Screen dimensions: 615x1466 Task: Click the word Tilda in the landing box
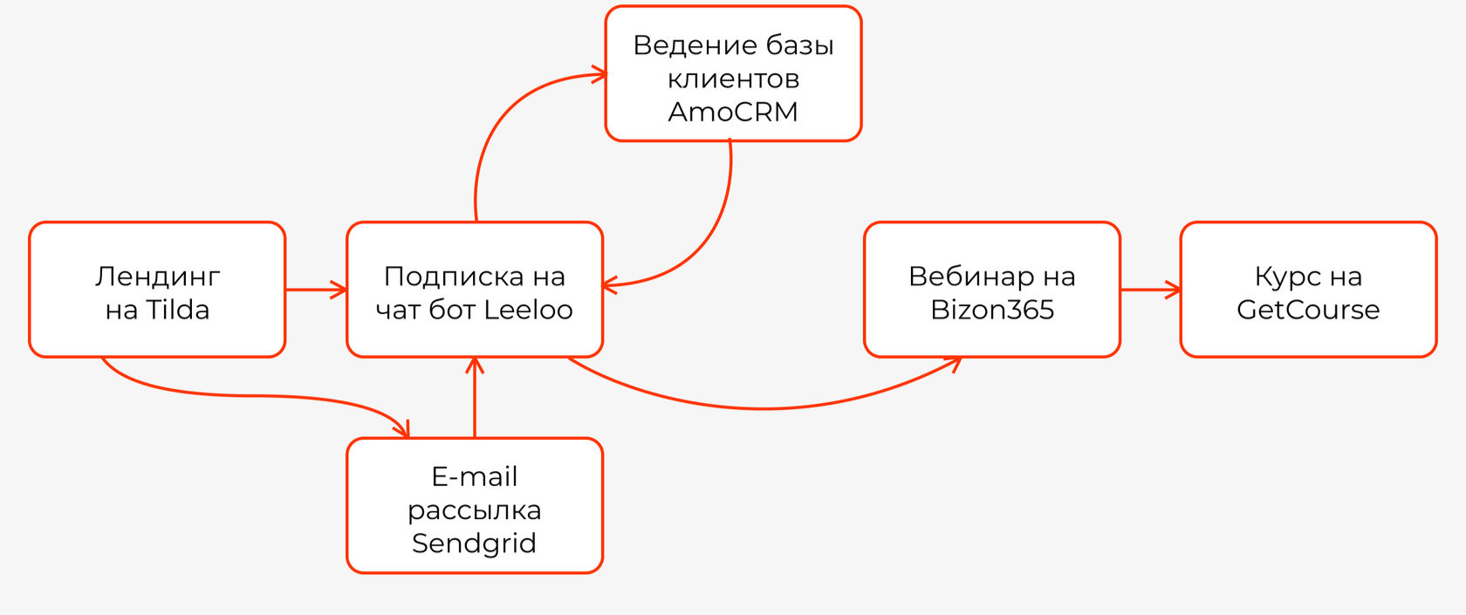(177, 310)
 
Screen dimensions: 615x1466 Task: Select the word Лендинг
(157, 277)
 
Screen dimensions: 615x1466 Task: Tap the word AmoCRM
(733, 112)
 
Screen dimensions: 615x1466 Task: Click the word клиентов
(733, 79)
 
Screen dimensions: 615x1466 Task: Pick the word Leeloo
(528, 310)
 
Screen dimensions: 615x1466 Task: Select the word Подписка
(442, 277)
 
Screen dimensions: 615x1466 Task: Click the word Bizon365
(992, 310)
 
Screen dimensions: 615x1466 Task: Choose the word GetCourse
(1308, 310)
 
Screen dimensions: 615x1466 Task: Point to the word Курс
(1287, 277)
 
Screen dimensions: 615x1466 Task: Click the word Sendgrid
(474, 543)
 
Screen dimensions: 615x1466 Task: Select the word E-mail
(474, 476)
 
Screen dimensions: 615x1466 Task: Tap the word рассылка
(474, 509)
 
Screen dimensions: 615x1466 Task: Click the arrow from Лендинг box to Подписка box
(315, 290)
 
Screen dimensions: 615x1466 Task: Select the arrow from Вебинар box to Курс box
(1149, 290)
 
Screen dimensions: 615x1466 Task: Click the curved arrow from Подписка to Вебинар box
(764, 407)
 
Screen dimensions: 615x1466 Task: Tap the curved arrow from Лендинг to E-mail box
(253, 396)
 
